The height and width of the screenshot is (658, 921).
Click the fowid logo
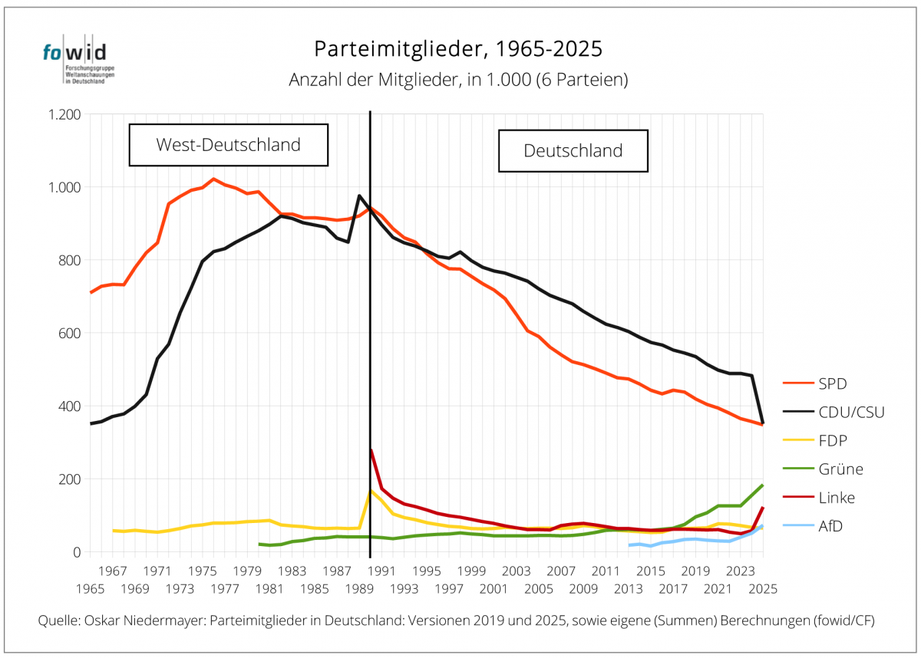[78, 60]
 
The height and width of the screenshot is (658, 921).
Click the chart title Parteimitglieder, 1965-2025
[458, 49]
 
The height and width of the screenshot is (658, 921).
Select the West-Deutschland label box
[229, 145]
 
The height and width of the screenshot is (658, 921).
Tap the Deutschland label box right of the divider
[573, 151]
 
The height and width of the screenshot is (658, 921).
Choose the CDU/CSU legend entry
[834, 412]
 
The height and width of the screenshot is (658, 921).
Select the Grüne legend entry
[823, 469]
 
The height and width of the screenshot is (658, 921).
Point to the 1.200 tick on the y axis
[64, 114]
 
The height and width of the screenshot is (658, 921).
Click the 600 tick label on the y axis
[70, 333]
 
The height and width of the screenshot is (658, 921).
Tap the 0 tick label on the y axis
[77, 552]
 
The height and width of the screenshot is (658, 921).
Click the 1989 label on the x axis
[359, 589]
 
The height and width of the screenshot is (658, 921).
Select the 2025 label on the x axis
[763, 589]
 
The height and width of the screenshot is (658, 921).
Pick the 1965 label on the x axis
[91, 589]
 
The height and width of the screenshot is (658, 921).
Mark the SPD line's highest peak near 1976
[213, 179]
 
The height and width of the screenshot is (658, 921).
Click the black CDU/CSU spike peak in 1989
[359, 196]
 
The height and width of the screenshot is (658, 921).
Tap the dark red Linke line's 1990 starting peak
[371, 450]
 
